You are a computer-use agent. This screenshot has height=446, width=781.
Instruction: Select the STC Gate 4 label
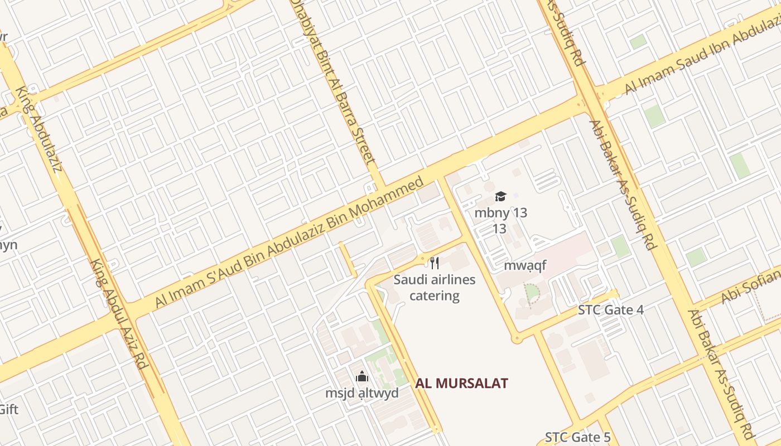pos(611,310)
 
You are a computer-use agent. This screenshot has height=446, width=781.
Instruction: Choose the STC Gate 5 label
pos(578,437)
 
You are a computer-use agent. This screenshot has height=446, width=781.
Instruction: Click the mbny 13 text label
pos(500,212)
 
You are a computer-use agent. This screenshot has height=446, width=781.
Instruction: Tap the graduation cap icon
pos(500,196)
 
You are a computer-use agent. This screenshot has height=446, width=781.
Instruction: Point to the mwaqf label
pos(525,265)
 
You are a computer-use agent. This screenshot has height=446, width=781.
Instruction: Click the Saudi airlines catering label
pos(435,287)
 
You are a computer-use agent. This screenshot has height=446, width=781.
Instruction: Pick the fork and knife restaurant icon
pos(435,263)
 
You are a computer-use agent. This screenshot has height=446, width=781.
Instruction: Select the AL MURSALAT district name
pos(461,383)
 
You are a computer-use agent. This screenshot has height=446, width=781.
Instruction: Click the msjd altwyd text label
pos(362,393)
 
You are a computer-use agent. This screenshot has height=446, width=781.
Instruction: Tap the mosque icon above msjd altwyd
pos(362,377)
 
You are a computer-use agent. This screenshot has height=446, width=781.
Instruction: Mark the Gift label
pos(9,409)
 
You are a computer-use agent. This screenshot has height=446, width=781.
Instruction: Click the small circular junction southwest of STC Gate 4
pos(517,338)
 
